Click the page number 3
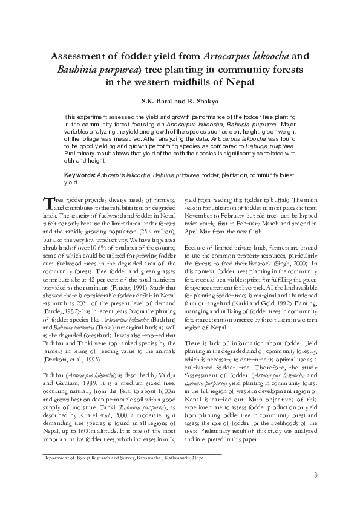click(x=315, y=474)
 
